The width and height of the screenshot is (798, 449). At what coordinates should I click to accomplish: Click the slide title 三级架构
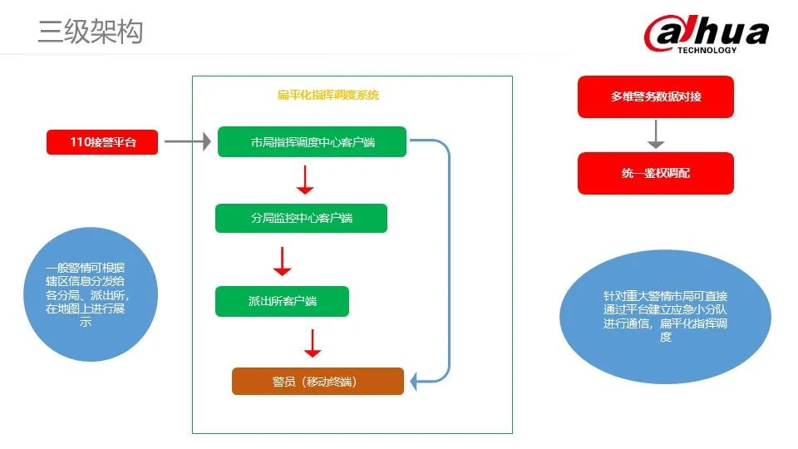[x=91, y=32]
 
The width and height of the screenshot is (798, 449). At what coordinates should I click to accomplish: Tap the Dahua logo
[x=706, y=33]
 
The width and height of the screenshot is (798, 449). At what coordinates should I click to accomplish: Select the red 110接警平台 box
[x=102, y=142]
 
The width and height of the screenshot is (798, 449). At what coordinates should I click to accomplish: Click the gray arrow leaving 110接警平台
[x=187, y=142]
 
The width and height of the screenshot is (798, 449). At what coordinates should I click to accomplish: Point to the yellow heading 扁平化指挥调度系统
[x=328, y=96]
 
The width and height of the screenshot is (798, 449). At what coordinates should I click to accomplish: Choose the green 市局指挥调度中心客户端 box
[x=312, y=142]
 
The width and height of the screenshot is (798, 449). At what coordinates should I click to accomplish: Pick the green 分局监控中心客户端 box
[x=301, y=218]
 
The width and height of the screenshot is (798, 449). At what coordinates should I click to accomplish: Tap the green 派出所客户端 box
[x=282, y=301]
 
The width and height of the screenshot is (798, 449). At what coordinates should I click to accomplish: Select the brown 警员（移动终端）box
[x=318, y=382]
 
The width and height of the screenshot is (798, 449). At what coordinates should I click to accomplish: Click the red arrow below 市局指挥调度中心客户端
[x=305, y=180]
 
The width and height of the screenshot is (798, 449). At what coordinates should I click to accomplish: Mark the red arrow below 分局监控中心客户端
[x=283, y=261]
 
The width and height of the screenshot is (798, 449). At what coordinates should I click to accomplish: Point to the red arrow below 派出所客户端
[x=312, y=343]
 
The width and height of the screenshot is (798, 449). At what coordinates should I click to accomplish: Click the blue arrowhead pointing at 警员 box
[x=418, y=382]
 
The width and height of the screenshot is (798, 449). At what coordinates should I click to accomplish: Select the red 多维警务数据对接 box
[x=655, y=96]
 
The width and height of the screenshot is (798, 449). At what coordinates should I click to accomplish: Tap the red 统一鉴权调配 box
[x=655, y=173]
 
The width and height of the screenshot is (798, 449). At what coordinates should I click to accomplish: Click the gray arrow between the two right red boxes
[x=656, y=135]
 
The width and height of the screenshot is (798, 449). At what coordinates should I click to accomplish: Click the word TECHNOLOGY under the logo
[x=707, y=50]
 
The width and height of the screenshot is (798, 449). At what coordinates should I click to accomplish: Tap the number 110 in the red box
[x=80, y=142]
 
